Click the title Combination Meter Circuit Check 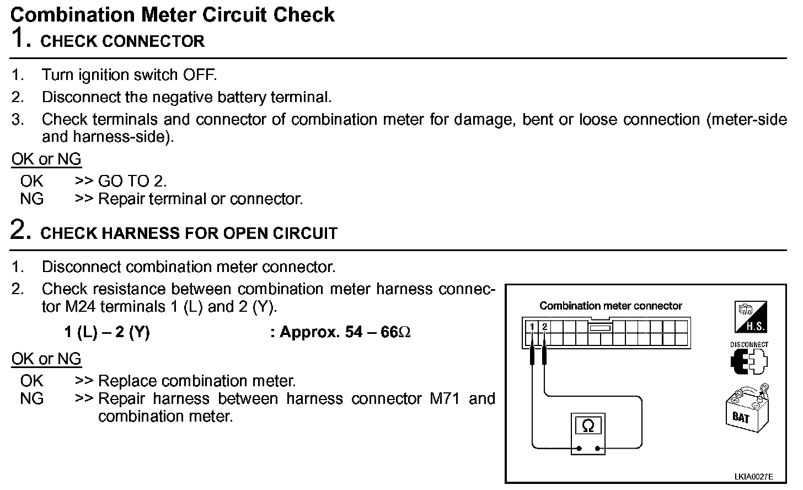tap(172, 14)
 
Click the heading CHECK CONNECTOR tap(122, 41)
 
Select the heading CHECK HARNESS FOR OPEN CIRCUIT tap(189, 233)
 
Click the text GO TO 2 tap(132, 181)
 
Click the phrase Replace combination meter tap(197, 381)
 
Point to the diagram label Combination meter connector tap(611, 306)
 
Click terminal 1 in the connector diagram tap(532, 327)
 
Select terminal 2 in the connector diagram tap(544, 327)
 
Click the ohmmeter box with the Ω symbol tap(588, 427)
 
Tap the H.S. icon tap(751, 317)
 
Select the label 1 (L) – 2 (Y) tap(107, 332)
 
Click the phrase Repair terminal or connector tap(200, 199)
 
